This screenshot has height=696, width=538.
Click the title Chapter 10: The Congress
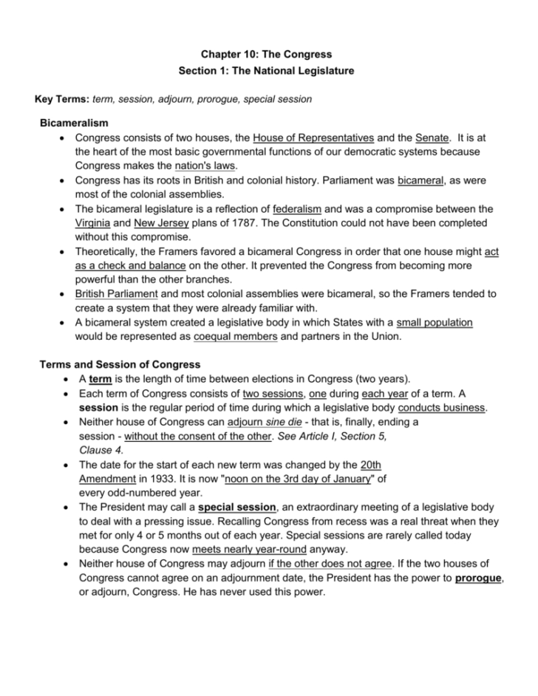(267, 54)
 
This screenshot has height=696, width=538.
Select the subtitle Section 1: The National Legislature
(267, 71)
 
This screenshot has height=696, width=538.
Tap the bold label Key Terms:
(63, 99)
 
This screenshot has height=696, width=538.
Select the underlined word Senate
(432, 137)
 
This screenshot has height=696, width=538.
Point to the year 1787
(239, 223)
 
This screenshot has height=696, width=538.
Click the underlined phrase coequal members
(236, 336)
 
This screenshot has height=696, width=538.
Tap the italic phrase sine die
(276, 422)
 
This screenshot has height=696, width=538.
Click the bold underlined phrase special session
(237, 508)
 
